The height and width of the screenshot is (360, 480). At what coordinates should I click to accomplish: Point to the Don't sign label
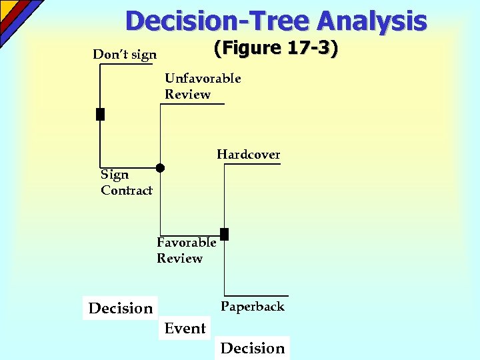click(125, 55)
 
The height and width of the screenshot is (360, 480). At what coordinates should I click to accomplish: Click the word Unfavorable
click(203, 79)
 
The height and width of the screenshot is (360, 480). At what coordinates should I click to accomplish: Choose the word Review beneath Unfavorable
click(187, 95)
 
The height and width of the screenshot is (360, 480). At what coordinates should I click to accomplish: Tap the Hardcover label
click(248, 155)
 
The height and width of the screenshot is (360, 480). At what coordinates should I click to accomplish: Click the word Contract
click(127, 191)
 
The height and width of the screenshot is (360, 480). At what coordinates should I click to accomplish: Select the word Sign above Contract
click(115, 175)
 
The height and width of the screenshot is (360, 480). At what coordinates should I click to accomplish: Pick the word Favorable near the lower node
click(186, 243)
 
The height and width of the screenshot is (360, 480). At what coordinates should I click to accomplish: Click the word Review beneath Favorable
click(179, 259)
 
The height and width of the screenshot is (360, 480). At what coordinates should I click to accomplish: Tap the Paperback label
click(253, 307)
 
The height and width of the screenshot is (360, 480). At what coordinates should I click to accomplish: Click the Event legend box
click(185, 328)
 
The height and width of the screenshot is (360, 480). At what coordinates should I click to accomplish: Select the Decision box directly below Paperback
click(252, 348)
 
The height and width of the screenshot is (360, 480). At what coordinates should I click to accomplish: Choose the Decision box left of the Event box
click(120, 308)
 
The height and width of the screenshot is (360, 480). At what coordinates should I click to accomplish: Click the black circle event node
click(161, 168)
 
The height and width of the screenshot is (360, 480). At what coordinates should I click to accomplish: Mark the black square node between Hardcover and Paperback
click(224, 233)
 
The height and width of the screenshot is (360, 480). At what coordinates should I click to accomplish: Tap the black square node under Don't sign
click(100, 114)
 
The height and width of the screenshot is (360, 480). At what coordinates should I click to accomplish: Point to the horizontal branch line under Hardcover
click(253, 164)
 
